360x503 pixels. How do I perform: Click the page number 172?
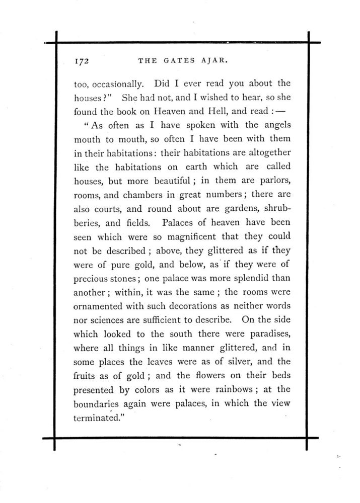[x=82, y=61]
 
